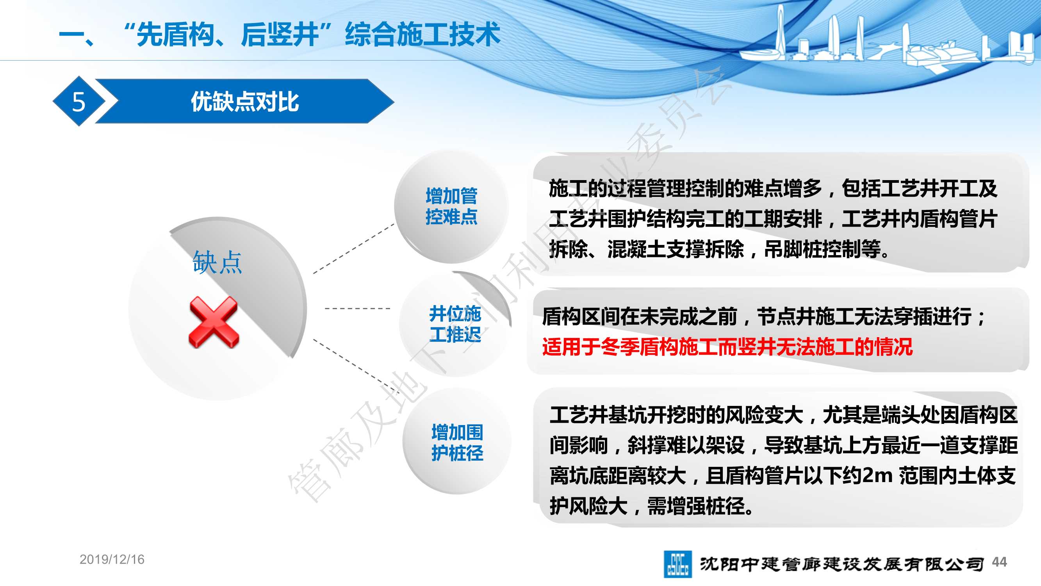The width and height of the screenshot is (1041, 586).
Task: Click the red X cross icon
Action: (x=214, y=322)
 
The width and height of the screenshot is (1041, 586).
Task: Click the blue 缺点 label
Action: (x=217, y=262)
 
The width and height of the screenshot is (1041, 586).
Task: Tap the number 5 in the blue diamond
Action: (x=79, y=102)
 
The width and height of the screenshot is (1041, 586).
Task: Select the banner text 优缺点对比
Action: (x=245, y=102)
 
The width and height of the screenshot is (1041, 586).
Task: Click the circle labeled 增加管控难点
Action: (x=451, y=206)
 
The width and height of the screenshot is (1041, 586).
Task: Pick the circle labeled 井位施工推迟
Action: (x=455, y=324)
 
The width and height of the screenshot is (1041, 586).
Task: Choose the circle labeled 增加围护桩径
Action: (x=457, y=441)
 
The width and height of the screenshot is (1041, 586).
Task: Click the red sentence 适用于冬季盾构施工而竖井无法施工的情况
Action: (x=727, y=347)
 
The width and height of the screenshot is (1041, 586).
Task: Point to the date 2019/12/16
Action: (x=112, y=559)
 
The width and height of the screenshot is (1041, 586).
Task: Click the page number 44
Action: (x=999, y=562)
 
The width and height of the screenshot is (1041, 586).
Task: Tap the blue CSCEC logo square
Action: (x=677, y=564)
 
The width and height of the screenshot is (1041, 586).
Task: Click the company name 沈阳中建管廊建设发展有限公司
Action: (x=841, y=564)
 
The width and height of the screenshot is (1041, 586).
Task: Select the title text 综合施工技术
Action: (x=422, y=34)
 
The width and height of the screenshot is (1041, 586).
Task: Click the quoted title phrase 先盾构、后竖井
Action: (x=227, y=34)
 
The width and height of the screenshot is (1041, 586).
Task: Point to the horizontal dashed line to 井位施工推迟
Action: (x=358, y=309)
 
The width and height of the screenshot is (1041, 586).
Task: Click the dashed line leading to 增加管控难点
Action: (x=354, y=248)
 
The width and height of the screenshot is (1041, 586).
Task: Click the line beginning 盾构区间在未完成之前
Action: (x=764, y=317)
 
